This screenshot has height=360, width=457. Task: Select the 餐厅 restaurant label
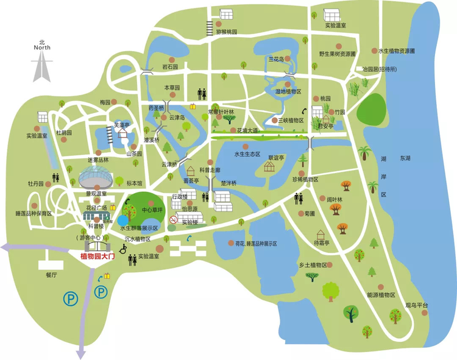51,275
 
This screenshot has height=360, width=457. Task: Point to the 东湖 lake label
405,158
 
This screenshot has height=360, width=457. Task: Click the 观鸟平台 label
417,305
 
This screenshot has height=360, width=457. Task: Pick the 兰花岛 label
278,59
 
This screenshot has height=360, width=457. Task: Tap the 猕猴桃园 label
226,31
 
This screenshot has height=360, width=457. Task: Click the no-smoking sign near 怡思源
173,219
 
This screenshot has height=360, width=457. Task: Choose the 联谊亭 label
278,157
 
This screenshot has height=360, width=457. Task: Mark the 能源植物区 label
381,295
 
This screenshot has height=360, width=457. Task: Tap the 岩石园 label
169,66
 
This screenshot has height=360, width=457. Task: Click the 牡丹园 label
36,183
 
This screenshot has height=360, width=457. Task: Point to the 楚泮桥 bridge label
228,183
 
